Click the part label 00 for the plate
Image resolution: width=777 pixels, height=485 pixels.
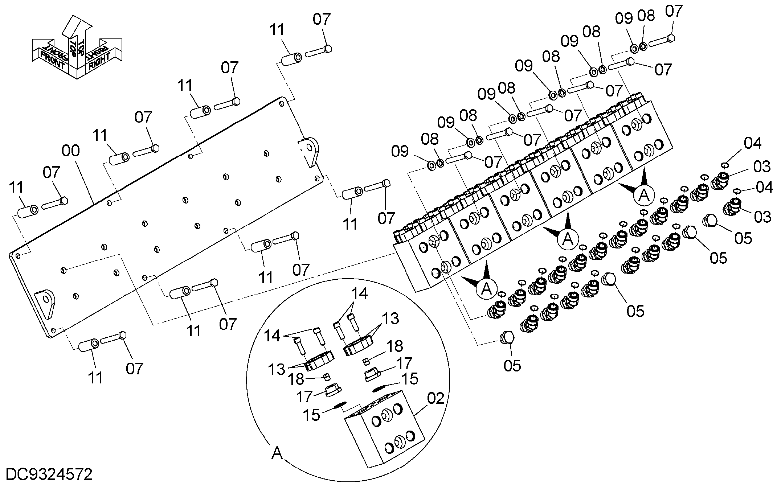tap(71, 151)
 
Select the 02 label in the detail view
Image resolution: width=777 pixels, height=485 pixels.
tap(435, 399)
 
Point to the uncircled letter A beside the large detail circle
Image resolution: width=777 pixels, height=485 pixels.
tap(277, 453)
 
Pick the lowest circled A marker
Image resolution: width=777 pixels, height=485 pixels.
tap(486, 288)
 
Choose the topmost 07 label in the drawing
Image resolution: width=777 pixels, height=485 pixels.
tap(674, 12)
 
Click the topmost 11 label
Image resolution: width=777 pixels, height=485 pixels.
tap(278, 30)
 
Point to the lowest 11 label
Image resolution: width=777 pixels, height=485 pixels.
tap(96, 378)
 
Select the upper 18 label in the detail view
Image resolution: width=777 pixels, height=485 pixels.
tap(394, 346)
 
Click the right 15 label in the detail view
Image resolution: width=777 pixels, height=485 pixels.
tap(409, 379)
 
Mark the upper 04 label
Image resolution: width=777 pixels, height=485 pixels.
tap(752, 144)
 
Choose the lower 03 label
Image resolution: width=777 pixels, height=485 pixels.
tap(762, 217)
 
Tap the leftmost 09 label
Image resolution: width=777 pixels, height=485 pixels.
tap(400, 151)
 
